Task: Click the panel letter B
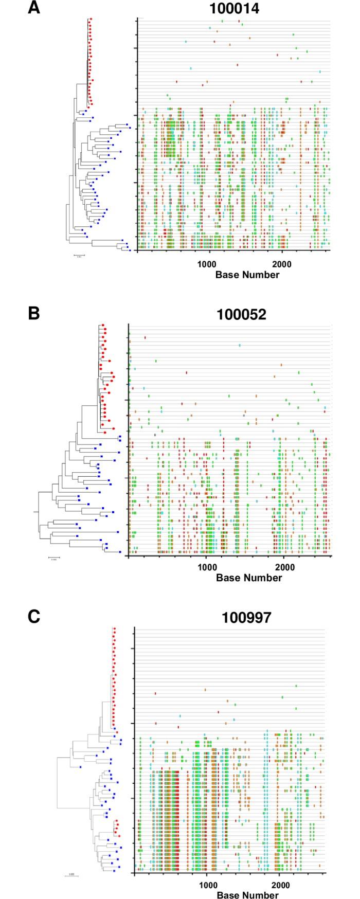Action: pos(33,313)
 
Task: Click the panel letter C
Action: pos(33,616)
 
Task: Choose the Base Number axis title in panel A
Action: pos(247,274)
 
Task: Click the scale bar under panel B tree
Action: pos(54,557)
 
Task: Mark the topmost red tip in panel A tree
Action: pos(91,19)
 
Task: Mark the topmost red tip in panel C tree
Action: pos(115,628)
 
